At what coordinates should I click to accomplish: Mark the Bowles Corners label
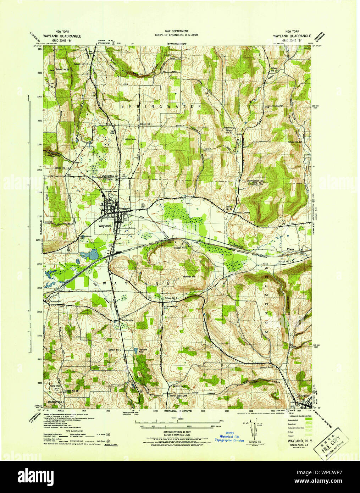pos(242,212)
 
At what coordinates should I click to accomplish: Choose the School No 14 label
pos(229,208)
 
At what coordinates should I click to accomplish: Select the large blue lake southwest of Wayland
pos(94,254)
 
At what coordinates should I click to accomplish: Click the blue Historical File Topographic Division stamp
pos(231,438)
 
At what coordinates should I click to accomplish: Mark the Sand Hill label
pos(55,386)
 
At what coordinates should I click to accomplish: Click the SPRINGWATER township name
pos(161,106)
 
